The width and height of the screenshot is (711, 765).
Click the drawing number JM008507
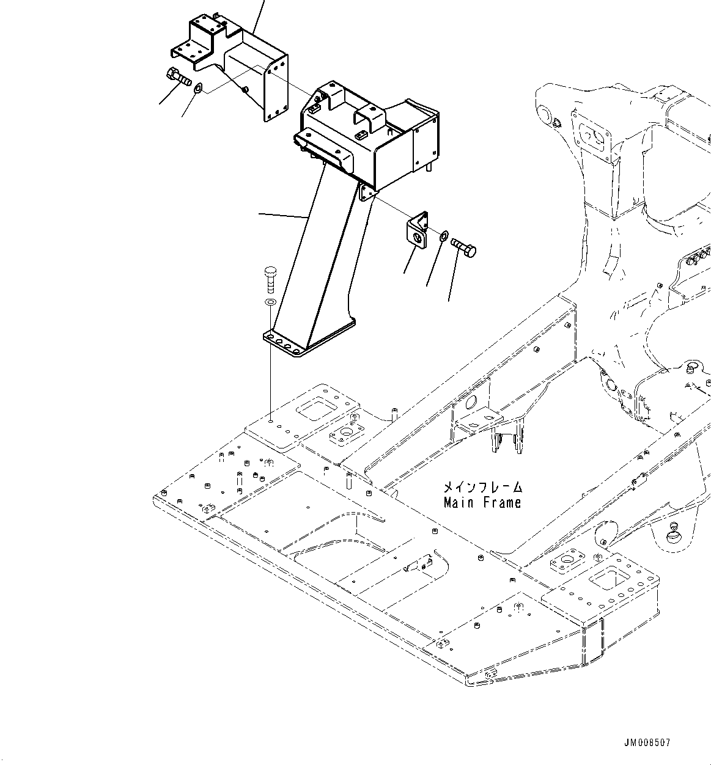[647, 743]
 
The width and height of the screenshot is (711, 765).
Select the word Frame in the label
[501, 503]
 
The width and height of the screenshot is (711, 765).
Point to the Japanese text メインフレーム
[482, 488]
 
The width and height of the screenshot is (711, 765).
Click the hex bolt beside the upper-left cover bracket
[179, 77]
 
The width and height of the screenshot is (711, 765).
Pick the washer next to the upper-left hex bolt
[199, 90]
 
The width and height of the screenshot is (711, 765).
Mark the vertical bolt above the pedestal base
[270, 279]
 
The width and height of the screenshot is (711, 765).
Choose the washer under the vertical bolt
[270, 302]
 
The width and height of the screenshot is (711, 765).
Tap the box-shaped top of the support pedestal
[367, 137]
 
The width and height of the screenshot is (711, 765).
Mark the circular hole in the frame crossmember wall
[471, 403]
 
